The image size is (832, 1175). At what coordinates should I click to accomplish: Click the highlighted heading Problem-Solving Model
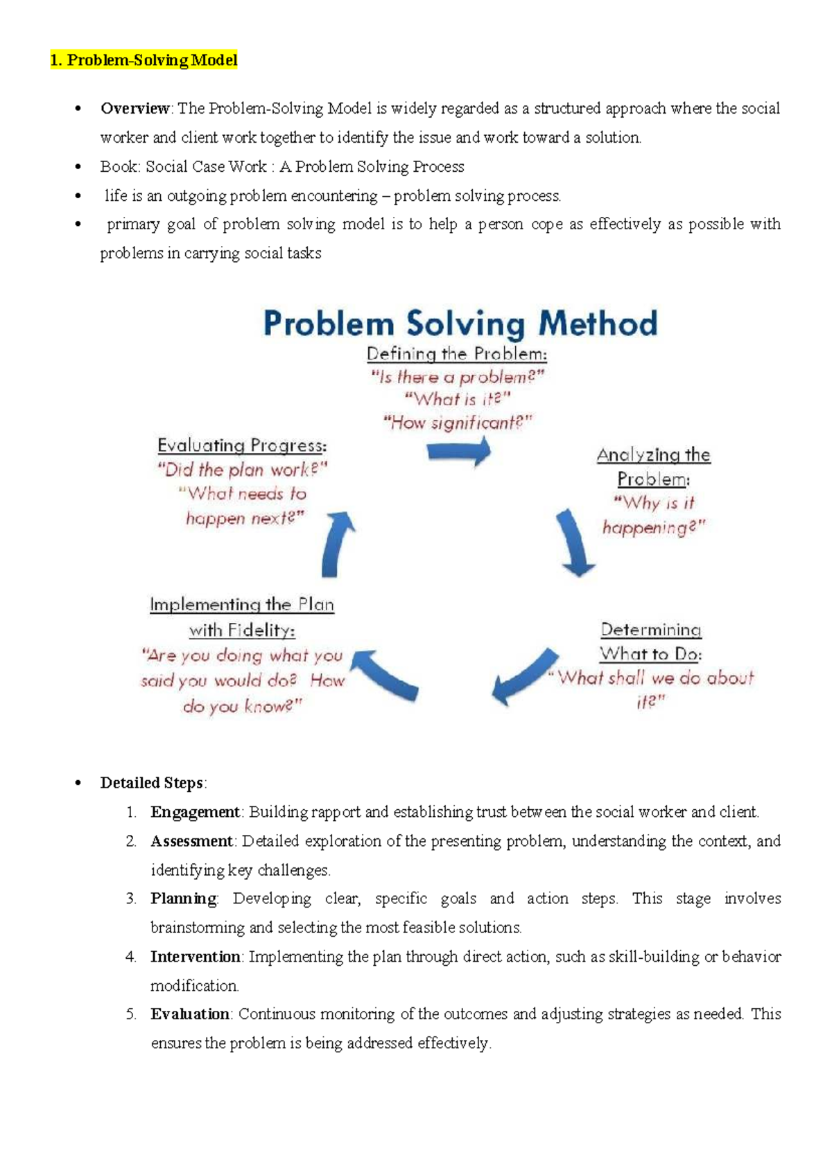(x=144, y=60)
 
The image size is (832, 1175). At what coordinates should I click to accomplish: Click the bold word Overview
(x=135, y=108)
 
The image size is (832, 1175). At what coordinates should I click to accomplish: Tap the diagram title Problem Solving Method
(x=460, y=324)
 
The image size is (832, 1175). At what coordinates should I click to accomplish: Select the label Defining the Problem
(x=456, y=354)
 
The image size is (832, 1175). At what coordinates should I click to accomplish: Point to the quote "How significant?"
(x=458, y=422)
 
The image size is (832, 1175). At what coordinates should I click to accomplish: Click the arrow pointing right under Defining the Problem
(x=459, y=452)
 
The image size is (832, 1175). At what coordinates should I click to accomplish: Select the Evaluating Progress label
(x=242, y=445)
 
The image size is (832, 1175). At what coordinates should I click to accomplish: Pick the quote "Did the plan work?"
(x=242, y=470)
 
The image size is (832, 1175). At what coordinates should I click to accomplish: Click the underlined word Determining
(x=650, y=629)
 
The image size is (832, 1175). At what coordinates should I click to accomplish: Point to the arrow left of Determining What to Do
(x=523, y=676)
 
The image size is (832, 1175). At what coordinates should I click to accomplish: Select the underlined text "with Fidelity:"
(x=242, y=630)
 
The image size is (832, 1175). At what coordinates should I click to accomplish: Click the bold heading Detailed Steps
(x=152, y=783)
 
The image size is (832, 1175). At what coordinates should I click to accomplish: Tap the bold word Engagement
(x=195, y=812)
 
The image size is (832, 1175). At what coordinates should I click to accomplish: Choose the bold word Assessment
(x=192, y=841)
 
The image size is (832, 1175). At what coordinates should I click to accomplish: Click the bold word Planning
(x=184, y=899)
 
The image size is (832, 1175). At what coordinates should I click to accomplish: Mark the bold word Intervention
(x=196, y=957)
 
